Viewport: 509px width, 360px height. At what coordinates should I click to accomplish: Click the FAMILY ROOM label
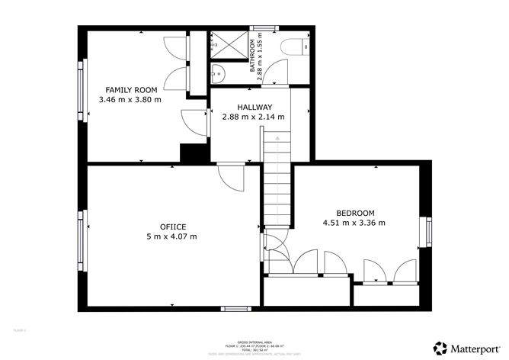[131, 90]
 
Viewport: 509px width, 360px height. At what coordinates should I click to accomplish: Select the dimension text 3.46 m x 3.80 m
[131, 100]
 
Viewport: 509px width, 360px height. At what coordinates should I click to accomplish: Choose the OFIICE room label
[173, 227]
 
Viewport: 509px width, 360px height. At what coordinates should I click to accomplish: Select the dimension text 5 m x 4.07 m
[173, 236]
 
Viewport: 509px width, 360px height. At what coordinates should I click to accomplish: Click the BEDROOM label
[356, 213]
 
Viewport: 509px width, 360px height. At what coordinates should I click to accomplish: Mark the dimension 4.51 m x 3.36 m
[354, 223]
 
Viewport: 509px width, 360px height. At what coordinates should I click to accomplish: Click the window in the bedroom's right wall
[429, 233]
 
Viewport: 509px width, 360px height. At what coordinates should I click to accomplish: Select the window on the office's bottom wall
[232, 308]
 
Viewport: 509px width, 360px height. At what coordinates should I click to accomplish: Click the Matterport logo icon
[440, 346]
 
